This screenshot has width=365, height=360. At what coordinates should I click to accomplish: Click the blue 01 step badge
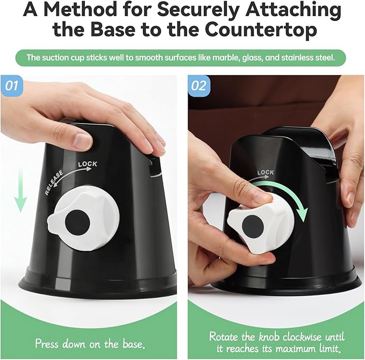[x=12, y=86]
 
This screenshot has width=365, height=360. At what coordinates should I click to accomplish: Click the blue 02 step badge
[x=199, y=86]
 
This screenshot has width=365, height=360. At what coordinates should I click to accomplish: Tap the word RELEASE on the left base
[x=54, y=183]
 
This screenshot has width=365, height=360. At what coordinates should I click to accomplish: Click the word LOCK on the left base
[x=88, y=164]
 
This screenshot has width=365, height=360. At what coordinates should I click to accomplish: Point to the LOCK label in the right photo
[x=266, y=172]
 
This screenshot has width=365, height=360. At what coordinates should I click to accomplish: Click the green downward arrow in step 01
[x=20, y=191]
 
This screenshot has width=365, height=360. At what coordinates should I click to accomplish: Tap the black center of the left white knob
[x=77, y=223]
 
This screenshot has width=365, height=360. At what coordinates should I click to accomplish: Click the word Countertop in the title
[x=261, y=30]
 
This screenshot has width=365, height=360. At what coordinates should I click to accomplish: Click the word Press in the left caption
[x=47, y=343]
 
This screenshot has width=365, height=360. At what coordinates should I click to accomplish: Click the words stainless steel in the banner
[x=307, y=57]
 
